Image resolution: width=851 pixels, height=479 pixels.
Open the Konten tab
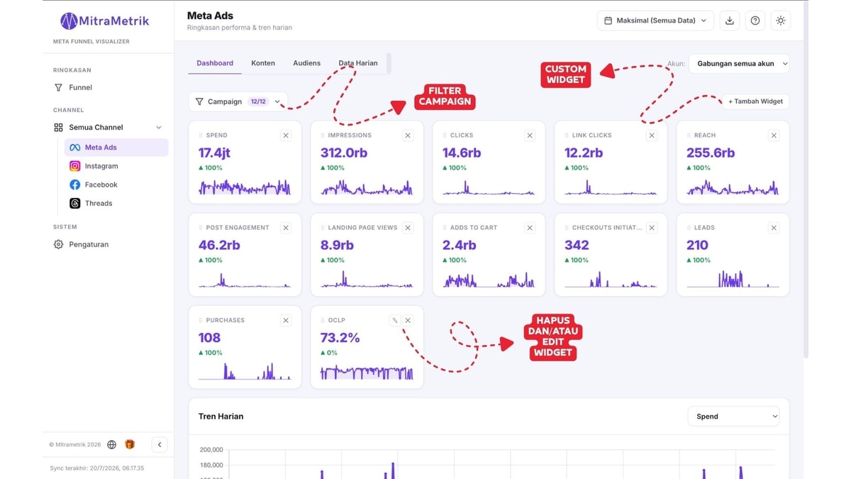click(263, 63)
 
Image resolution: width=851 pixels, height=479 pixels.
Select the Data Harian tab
click(358, 63)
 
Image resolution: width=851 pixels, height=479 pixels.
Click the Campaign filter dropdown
click(238, 101)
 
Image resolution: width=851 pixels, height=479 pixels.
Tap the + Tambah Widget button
click(755, 101)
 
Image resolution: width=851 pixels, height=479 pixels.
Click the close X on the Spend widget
click(286, 136)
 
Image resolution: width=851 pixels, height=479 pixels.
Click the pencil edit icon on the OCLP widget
click(395, 321)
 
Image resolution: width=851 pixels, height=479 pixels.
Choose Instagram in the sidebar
click(101, 166)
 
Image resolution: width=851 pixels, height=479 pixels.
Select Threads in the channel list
click(99, 204)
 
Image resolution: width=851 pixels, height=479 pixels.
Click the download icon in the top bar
click(730, 21)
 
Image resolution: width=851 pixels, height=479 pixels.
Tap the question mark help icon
click(755, 21)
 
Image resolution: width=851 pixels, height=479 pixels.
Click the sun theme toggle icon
click(780, 21)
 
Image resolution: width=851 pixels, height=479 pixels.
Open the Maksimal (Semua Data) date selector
click(655, 21)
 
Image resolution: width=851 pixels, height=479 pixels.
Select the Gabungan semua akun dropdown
click(739, 63)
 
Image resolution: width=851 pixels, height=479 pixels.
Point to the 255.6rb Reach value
click(711, 153)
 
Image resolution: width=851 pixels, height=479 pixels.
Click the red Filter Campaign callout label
click(445, 97)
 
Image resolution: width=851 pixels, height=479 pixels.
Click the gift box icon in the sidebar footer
click(130, 444)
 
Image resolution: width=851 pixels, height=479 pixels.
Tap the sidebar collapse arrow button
click(160, 444)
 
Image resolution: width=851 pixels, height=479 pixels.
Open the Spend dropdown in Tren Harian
click(733, 417)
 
